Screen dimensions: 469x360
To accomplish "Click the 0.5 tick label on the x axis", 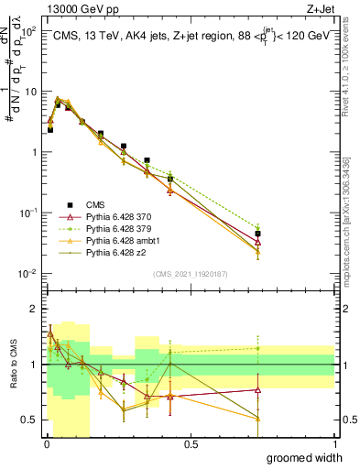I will click(191, 444).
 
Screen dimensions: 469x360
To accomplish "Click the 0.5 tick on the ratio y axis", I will click(30, 420).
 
